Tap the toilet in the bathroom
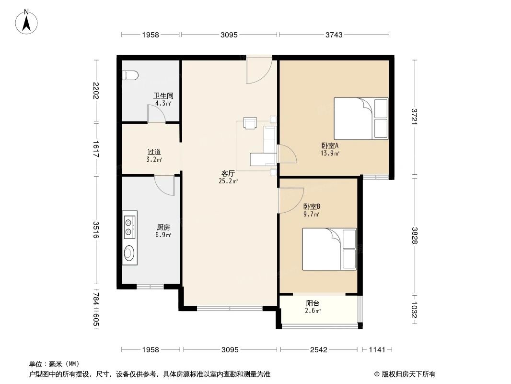(129, 75)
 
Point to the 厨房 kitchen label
(163, 228)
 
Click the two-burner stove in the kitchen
(129, 227)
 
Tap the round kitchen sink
(129, 253)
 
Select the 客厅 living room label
(228, 174)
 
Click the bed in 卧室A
(360, 118)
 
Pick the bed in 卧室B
(329, 249)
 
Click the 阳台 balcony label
(313, 303)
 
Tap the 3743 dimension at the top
(334, 35)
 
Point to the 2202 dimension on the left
(96, 91)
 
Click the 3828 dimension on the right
(415, 235)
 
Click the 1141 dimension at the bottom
(377, 349)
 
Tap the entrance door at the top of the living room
(259, 70)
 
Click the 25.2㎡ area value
(228, 181)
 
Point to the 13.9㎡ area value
(330, 153)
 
